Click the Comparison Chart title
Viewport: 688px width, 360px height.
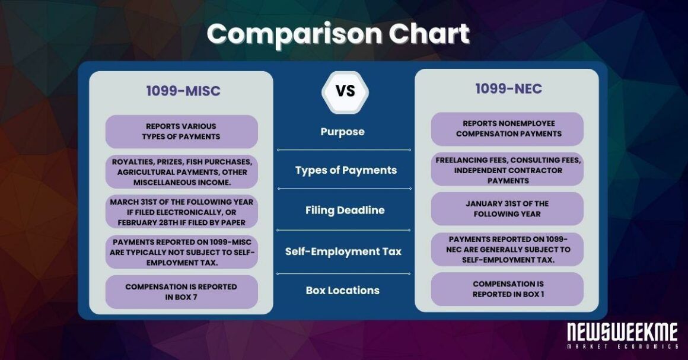pos(338,35)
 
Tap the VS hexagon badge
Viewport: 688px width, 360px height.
pos(345,91)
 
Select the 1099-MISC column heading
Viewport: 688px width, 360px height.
pos(183,91)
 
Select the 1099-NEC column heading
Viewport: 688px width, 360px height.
pos(508,89)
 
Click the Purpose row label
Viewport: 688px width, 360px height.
pos(342,132)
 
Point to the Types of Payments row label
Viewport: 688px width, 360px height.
pos(346,170)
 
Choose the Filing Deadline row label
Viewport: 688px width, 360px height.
pos(345,210)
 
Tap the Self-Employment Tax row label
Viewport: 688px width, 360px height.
pos(343,251)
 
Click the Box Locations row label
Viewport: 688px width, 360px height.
pos(342,291)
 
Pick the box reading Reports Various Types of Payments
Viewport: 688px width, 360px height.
pos(181,132)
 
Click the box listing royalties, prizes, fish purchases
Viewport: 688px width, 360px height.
pos(181,171)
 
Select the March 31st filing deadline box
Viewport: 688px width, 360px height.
pos(181,212)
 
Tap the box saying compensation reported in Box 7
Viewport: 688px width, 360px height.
pos(181,292)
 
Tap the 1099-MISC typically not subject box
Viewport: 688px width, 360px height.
pos(181,252)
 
